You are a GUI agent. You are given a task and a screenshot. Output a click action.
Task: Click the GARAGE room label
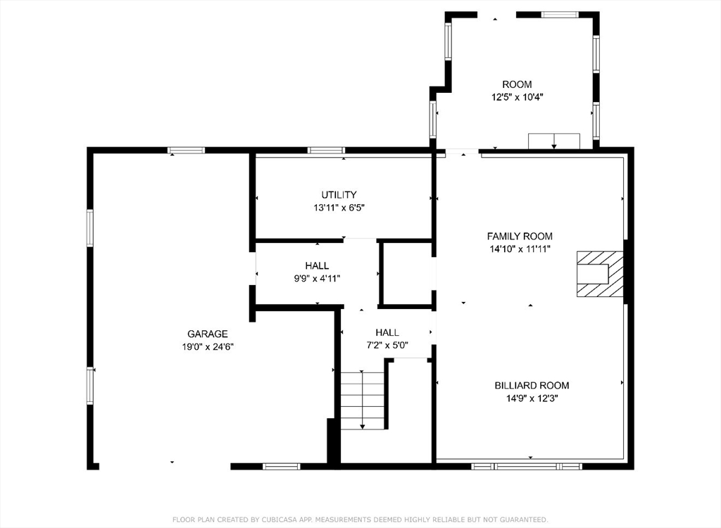(x=208, y=334)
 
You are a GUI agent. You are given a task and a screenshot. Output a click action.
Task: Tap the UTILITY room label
(x=339, y=194)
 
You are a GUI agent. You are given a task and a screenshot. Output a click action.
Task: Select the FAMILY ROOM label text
(x=520, y=236)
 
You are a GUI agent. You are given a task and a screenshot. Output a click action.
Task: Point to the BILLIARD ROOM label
(x=532, y=385)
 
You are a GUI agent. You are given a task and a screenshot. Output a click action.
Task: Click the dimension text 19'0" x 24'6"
(x=208, y=347)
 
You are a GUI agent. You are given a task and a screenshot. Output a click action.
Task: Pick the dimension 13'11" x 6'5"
(x=339, y=208)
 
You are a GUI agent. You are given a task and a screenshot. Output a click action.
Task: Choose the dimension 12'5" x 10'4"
(x=518, y=97)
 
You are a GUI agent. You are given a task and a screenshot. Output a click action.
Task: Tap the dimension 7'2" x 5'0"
(x=387, y=345)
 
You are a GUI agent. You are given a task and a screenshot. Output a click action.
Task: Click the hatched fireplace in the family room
(x=600, y=274)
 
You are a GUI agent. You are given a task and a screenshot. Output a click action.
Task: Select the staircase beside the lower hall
(x=363, y=400)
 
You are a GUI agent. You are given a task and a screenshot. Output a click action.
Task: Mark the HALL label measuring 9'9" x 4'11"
(x=317, y=265)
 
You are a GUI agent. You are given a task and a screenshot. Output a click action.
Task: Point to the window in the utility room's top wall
(x=326, y=150)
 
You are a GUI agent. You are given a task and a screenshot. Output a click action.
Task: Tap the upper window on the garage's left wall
(x=90, y=228)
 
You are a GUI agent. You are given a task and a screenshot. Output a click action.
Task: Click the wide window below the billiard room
(x=527, y=466)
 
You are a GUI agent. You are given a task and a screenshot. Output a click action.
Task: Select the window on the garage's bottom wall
(x=282, y=466)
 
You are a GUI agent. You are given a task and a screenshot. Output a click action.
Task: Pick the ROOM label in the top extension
(x=517, y=84)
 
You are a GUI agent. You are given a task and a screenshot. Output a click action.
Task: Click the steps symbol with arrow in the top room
(x=554, y=142)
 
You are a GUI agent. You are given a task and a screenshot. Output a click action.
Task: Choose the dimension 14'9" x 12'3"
(x=532, y=398)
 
